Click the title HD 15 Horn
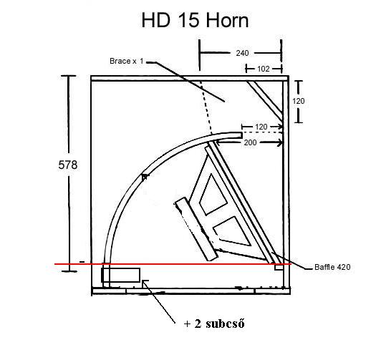[195, 20]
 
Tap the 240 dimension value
[242, 53]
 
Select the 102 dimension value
[264, 69]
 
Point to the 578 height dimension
[68, 165]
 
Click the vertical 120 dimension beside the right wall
[299, 101]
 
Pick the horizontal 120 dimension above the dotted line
[261, 127]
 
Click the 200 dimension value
[250, 142]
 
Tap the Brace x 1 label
[127, 61]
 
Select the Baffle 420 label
[332, 267]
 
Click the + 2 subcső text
[214, 323]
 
